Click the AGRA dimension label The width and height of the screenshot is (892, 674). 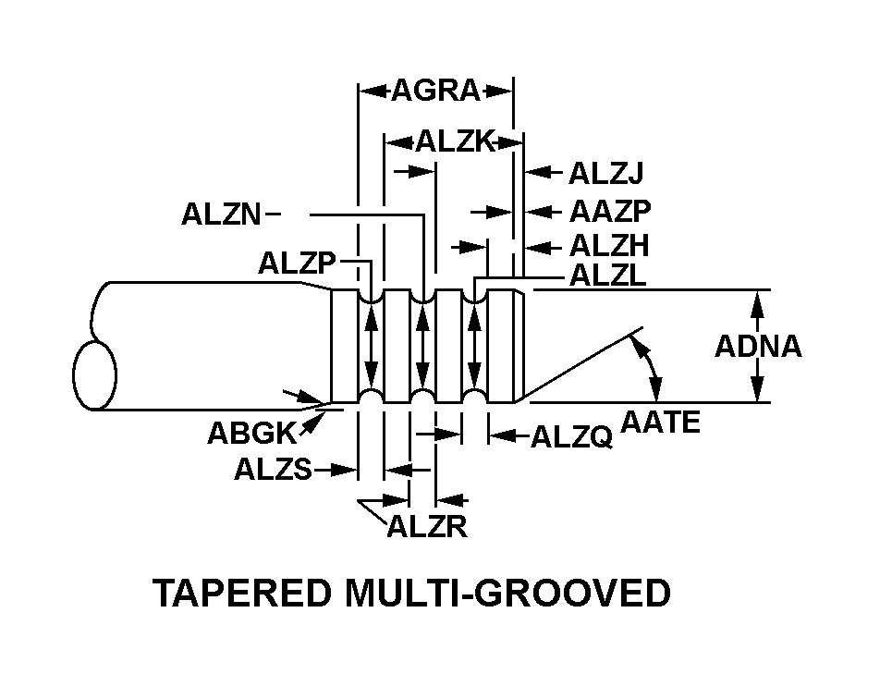click(435, 91)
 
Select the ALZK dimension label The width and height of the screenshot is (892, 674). click(456, 141)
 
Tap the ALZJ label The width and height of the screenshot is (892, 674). click(605, 173)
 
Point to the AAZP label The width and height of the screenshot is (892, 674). click(610, 212)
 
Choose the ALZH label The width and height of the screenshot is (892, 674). click(609, 246)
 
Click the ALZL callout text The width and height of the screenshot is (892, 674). click(607, 276)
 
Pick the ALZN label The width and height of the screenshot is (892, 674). click(222, 215)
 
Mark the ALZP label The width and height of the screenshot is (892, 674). click(297, 263)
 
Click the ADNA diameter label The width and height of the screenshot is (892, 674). click(758, 347)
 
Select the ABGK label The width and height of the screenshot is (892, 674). click(250, 434)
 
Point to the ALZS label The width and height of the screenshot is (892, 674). click(273, 470)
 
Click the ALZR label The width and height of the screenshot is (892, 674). click(426, 527)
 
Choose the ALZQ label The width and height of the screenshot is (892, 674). click(571, 437)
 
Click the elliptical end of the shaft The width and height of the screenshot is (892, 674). click(95, 375)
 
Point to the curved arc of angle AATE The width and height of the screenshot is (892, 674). click(654, 370)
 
